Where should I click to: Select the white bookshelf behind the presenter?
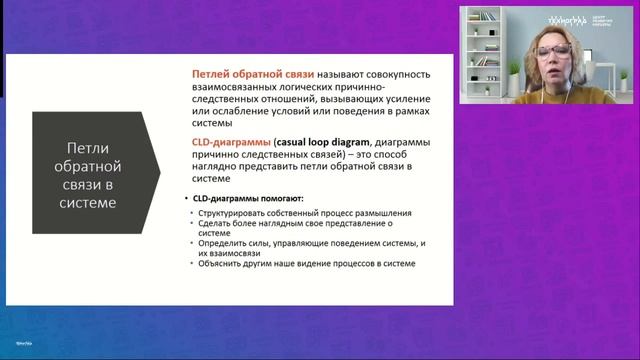tap(484, 50)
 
